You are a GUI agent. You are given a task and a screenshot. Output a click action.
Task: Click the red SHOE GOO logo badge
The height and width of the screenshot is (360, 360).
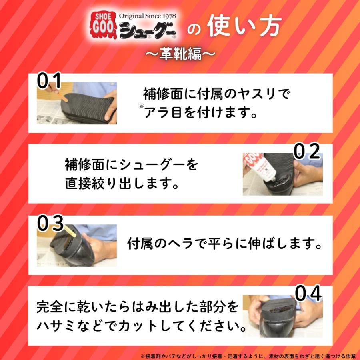point(103,25)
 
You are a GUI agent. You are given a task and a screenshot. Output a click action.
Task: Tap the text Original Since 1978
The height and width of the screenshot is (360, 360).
point(147,16)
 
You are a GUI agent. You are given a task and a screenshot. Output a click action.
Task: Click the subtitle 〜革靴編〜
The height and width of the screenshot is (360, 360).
point(180,54)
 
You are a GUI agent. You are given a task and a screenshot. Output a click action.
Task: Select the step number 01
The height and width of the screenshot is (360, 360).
point(49,80)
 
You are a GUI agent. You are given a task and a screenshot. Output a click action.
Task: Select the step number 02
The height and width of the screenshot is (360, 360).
point(307,151)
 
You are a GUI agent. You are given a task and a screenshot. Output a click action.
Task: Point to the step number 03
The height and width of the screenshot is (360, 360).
point(50,223)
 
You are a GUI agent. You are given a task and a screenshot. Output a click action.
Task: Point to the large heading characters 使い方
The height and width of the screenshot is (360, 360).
point(244,26)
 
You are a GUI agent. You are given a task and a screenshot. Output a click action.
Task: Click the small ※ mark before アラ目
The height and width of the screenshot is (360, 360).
point(142,106)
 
